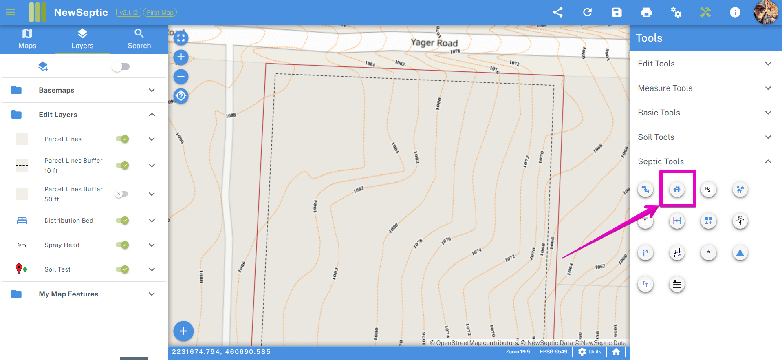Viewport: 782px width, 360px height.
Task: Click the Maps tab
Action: coord(27,39)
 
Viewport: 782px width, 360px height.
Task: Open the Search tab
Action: coord(139,39)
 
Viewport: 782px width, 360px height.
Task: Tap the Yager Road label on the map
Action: coord(434,42)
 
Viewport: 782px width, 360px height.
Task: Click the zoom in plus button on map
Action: coord(181,57)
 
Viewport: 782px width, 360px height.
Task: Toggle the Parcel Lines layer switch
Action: coord(122,139)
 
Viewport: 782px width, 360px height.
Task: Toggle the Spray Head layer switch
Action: coord(122,245)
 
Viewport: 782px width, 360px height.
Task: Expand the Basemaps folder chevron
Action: coord(152,90)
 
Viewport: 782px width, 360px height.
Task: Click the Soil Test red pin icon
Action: coord(19,269)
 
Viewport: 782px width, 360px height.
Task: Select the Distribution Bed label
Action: coord(69,221)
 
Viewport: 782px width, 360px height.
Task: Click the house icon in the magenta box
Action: coord(677,189)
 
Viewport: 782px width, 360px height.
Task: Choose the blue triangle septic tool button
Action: coord(740,253)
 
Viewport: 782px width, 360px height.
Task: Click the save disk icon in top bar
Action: coord(617,12)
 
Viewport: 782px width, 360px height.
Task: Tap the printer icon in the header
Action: coord(646,12)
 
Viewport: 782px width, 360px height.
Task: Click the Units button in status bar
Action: coord(590,352)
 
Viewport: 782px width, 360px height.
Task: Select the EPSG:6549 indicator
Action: coord(553,352)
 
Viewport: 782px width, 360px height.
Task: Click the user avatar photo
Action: coord(766,12)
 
